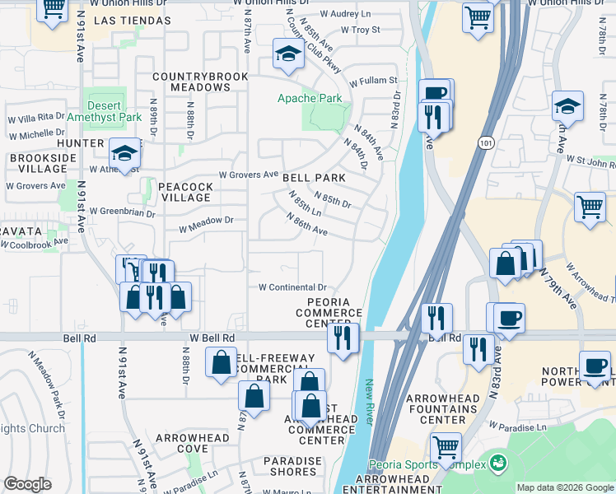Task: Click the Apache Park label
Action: pos(309,98)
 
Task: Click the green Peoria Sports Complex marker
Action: pos(497,463)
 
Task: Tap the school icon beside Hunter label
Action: pos(125,154)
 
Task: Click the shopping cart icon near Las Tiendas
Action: pos(54,10)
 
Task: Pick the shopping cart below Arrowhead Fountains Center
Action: pos(446,449)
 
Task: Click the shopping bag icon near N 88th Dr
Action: pos(221,363)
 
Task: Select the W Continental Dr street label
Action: pos(292,287)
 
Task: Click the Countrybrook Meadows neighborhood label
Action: pos(190,82)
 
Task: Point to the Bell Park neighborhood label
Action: pos(313,177)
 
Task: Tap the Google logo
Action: pos(28,484)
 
